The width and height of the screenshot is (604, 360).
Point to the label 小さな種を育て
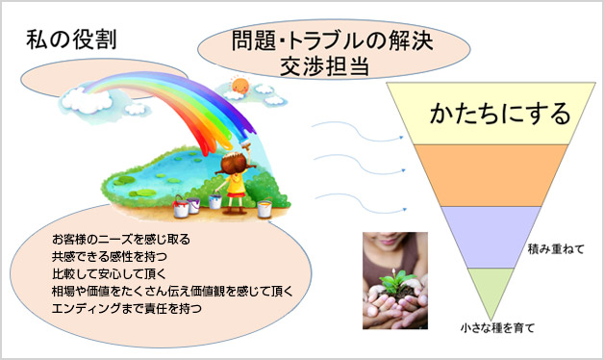pos(498,328)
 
